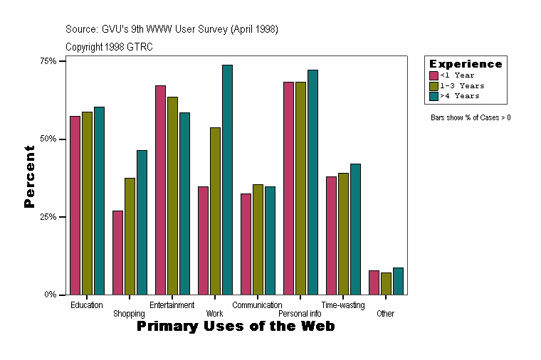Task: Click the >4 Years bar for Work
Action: [227, 179]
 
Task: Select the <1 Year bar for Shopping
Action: [117, 253]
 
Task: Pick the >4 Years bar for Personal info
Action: [312, 182]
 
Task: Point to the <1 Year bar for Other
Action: [374, 282]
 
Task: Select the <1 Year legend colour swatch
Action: [434, 75]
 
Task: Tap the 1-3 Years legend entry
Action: [461, 85]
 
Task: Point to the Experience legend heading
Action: [466, 64]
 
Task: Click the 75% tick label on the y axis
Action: [48, 61]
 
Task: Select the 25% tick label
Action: [48, 217]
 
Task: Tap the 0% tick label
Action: [50, 295]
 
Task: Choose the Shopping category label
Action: [129, 314]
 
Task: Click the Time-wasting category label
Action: [343, 305]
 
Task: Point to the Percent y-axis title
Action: [29, 176]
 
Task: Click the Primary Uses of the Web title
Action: [236, 327]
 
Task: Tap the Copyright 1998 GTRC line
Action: [109, 47]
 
